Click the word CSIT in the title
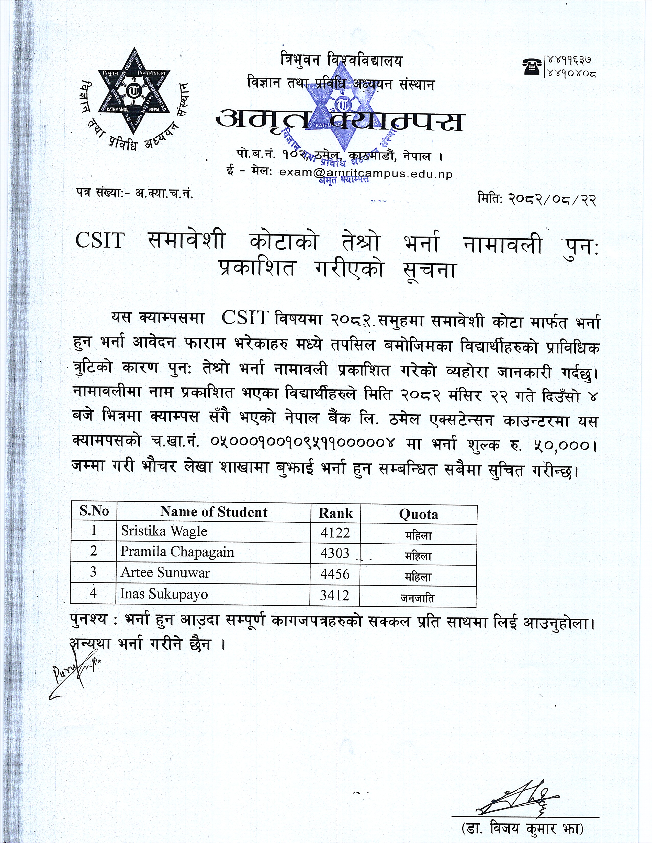(x=100, y=241)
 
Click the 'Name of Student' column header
(x=213, y=512)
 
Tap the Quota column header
(x=418, y=514)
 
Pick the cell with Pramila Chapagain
(x=177, y=552)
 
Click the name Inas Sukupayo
(x=164, y=594)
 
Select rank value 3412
(x=334, y=595)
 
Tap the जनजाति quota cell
(x=418, y=598)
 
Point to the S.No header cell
(x=94, y=511)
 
